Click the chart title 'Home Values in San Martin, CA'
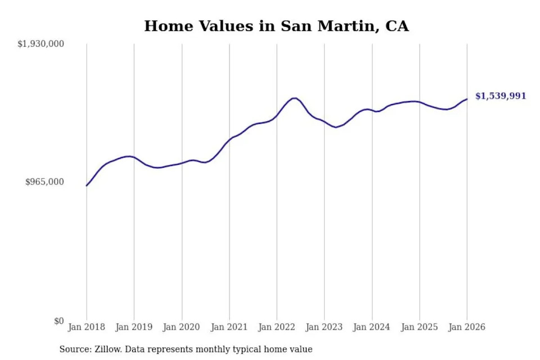(276, 26)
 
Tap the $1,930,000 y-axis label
(41, 44)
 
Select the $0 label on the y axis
(59, 321)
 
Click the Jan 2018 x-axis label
(87, 327)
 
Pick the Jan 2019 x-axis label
(134, 327)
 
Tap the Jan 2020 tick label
(182, 327)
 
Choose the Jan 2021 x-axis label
(229, 327)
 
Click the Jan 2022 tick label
(277, 327)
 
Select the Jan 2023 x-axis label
(324, 327)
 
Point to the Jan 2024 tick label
(372, 327)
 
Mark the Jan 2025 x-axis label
(419, 327)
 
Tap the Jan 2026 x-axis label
(466, 327)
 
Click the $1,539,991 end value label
(501, 96)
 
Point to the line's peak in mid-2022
(294, 98)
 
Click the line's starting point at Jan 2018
(87, 186)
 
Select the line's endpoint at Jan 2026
(466, 99)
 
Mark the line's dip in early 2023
(336, 127)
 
